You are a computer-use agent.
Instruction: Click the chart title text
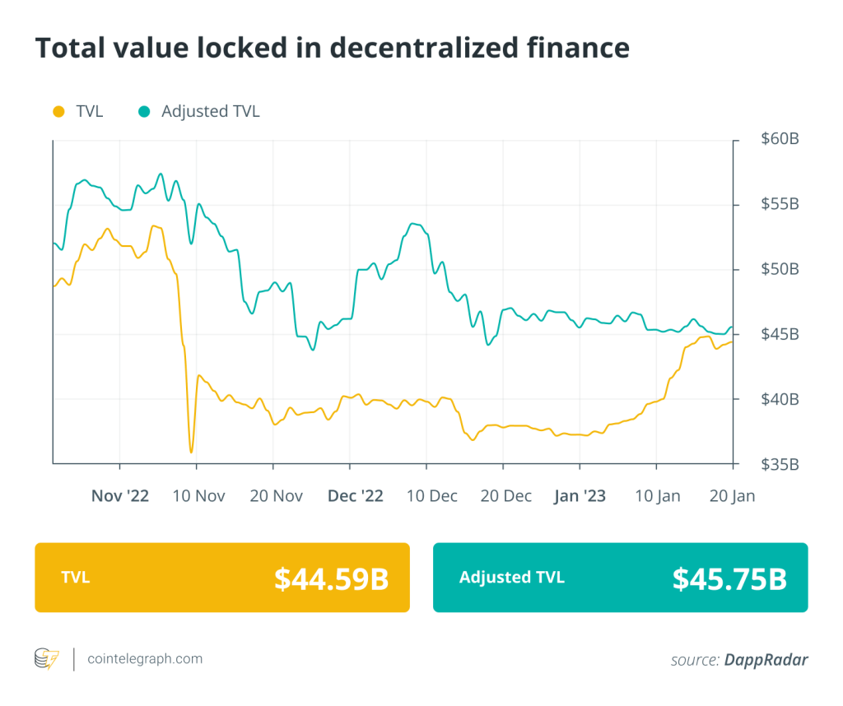pyautogui.click(x=332, y=49)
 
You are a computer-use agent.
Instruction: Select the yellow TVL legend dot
pyautogui.click(x=57, y=111)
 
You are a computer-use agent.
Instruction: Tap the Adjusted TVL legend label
pyautogui.click(x=210, y=111)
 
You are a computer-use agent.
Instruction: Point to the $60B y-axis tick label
pyautogui.click(x=779, y=139)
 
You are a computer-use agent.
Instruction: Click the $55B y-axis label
pyautogui.click(x=779, y=204)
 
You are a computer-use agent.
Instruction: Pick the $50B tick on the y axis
pyautogui.click(x=779, y=269)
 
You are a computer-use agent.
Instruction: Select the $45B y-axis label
pyautogui.click(x=779, y=334)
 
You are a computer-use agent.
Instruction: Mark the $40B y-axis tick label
pyautogui.click(x=779, y=399)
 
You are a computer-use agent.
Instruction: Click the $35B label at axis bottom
pyautogui.click(x=779, y=464)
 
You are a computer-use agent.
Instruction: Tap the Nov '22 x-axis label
pyautogui.click(x=120, y=496)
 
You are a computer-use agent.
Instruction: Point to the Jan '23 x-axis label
pyautogui.click(x=580, y=496)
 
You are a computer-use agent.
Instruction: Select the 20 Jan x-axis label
pyautogui.click(x=732, y=496)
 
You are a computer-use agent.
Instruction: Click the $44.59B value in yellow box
pyautogui.click(x=331, y=578)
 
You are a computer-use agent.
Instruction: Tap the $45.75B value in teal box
pyautogui.click(x=729, y=578)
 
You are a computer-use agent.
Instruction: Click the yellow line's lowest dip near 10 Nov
pyautogui.click(x=191, y=452)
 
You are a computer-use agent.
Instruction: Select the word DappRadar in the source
pyautogui.click(x=766, y=659)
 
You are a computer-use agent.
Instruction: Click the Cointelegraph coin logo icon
pyautogui.click(x=46, y=658)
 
